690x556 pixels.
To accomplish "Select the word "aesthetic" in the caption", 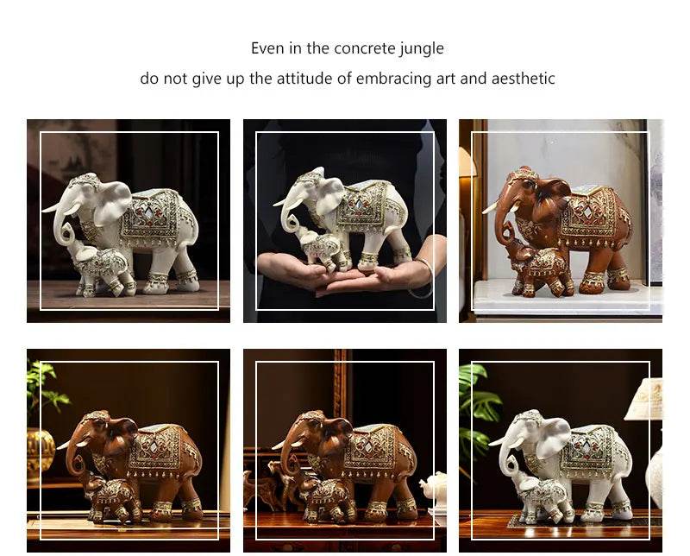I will tap(521, 79).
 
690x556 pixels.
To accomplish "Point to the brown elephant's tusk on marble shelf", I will tap(492, 208).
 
